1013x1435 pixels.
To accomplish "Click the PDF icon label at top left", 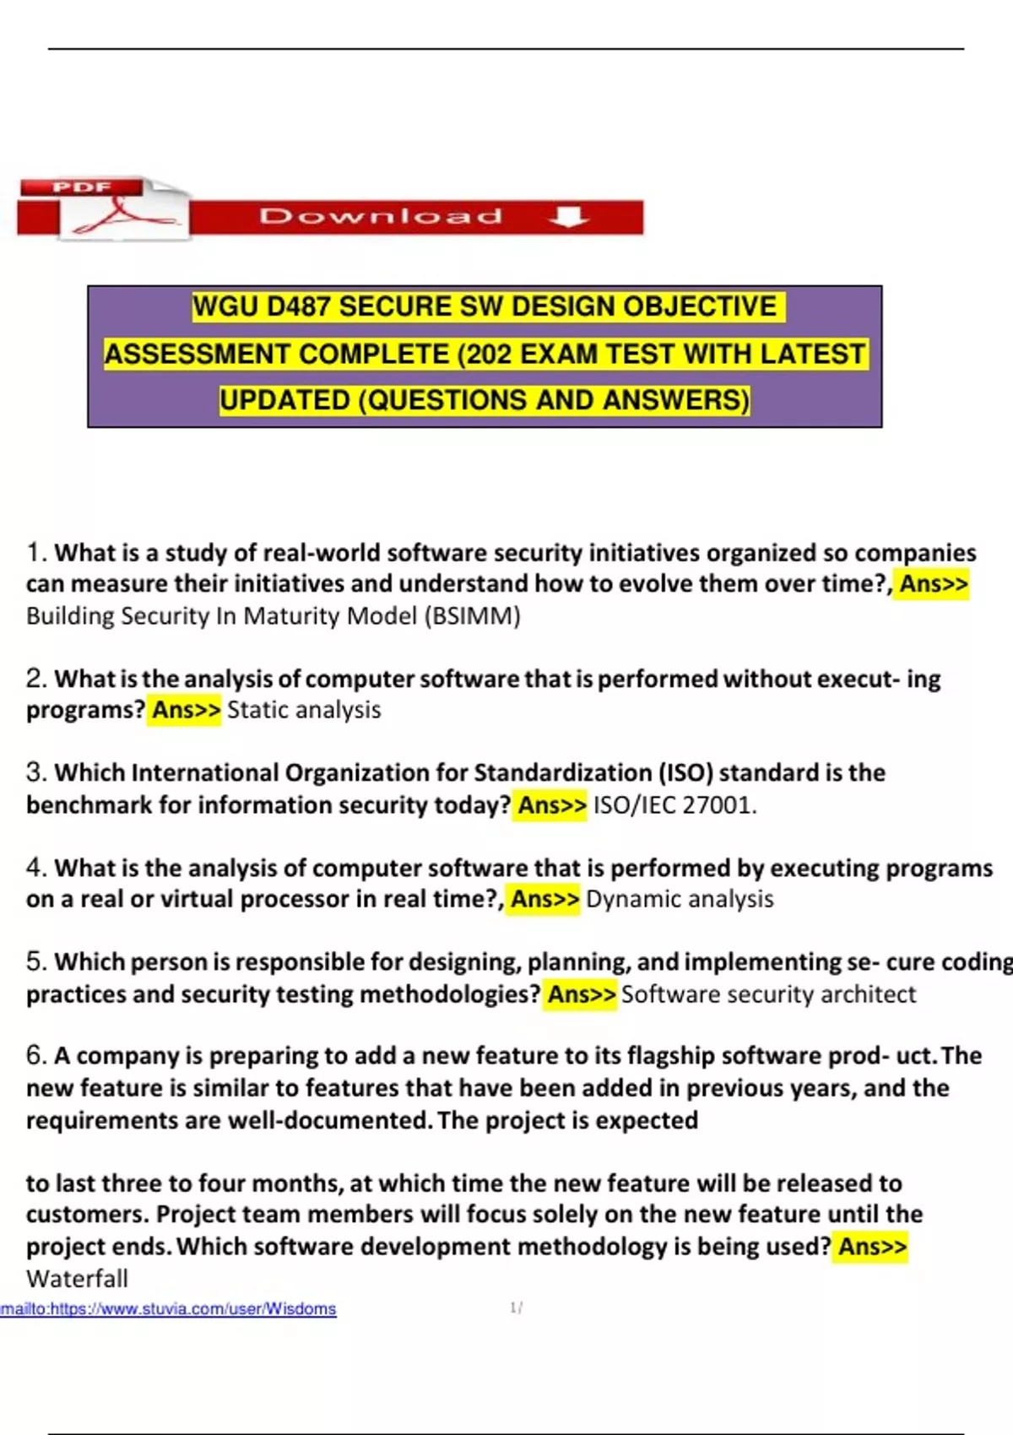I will pyautogui.click(x=82, y=187).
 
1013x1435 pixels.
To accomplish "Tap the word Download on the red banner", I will pyautogui.click(x=381, y=217).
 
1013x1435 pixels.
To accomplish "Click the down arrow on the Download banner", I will pyautogui.click(x=568, y=217).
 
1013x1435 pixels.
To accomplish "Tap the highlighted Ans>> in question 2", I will pyautogui.click(x=186, y=710).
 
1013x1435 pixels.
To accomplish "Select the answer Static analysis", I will pyautogui.click(x=304, y=710).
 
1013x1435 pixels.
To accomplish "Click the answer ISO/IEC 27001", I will pyautogui.click(x=674, y=805).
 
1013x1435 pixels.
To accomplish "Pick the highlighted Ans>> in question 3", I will pyautogui.click(x=552, y=805).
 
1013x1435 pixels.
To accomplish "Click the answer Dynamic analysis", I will pyautogui.click(x=680, y=899).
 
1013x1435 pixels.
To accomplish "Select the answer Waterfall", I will pyautogui.click(x=77, y=1279).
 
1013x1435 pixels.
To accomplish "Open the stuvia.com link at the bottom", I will pyautogui.click(x=169, y=1308).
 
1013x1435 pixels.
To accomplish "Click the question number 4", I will pyautogui.click(x=35, y=868).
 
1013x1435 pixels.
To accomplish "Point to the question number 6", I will pyautogui.click(x=35, y=1056).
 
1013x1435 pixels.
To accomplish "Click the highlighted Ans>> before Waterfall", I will pyautogui.click(x=872, y=1247).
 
